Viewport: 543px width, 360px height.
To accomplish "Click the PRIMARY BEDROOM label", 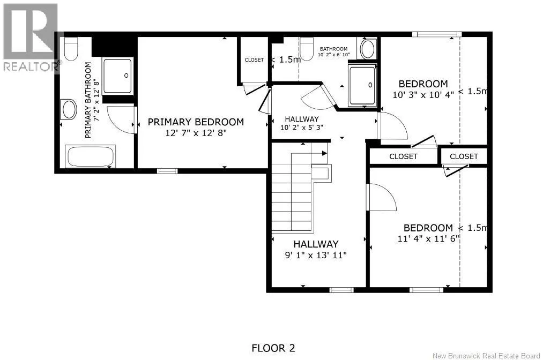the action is (x=196, y=122).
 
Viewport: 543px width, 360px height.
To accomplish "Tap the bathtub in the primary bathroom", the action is (x=91, y=156).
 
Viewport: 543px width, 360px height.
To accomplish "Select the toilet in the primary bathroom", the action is (x=71, y=48).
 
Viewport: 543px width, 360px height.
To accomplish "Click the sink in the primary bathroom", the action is (x=69, y=109).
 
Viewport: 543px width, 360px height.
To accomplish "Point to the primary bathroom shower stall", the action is (x=118, y=76).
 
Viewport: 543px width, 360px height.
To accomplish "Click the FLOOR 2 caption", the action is (x=273, y=348).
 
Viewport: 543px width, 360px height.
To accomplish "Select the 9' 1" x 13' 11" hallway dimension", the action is (x=316, y=255).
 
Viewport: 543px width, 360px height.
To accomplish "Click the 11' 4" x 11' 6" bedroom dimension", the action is (x=428, y=238).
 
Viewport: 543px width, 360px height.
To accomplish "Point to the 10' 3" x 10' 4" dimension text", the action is (x=423, y=94).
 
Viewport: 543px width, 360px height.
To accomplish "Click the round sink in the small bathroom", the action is (x=368, y=49).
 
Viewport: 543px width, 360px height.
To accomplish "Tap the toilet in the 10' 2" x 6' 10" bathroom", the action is (x=307, y=49).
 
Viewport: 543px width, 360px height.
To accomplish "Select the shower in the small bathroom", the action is (x=362, y=85).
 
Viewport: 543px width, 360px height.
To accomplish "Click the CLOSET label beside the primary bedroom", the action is (x=254, y=60).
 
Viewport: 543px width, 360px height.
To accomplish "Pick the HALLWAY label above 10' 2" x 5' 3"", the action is (x=302, y=119).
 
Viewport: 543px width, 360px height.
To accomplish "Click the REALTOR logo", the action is (x=31, y=37).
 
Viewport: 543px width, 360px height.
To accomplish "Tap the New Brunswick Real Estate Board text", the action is (x=486, y=356).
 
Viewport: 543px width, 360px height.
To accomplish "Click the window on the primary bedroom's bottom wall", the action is (x=167, y=171).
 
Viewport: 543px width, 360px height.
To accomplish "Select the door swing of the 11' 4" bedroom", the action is (x=382, y=197).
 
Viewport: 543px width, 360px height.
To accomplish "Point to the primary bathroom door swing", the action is (x=121, y=120).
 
